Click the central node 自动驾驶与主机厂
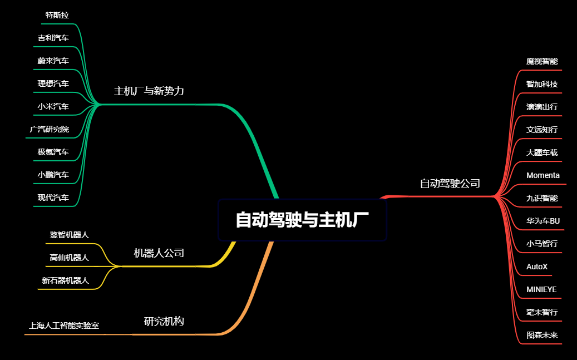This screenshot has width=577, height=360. pyautogui.click(x=302, y=220)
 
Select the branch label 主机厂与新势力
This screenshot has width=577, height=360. pyautogui.click(x=149, y=91)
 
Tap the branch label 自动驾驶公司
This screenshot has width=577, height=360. pyautogui.click(x=450, y=184)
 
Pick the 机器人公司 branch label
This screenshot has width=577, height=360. pyautogui.click(x=159, y=253)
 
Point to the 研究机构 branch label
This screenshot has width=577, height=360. pyautogui.click(x=164, y=322)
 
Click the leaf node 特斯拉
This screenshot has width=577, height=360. pyautogui.click(x=57, y=15)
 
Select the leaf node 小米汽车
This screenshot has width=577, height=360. pyautogui.click(x=53, y=106)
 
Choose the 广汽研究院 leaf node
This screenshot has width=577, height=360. pyautogui.click(x=50, y=129)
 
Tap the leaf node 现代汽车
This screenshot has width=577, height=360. pyautogui.click(x=53, y=198)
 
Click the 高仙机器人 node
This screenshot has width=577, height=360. pyautogui.click(x=69, y=258)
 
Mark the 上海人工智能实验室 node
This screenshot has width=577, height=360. pyautogui.click(x=64, y=326)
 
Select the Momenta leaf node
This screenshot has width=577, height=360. pyautogui.click(x=543, y=175)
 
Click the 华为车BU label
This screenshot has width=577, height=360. pyautogui.click(x=543, y=221)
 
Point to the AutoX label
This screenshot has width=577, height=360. pyautogui.click(x=537, y=267)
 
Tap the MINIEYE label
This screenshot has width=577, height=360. pyautogui.click(x=541, y=289)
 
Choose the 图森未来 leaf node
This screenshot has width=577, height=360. pyautogui.click(x=542, y=336)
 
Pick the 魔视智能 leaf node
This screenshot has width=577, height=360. pyautogui.click(x=542, y=61)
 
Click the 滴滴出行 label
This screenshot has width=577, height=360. pyautogui.click(x=542, y=107)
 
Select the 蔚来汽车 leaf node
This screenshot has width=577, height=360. pyautogui.click(x=53, y=61)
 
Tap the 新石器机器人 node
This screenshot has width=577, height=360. pyautogui.click(x=65, y=280)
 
